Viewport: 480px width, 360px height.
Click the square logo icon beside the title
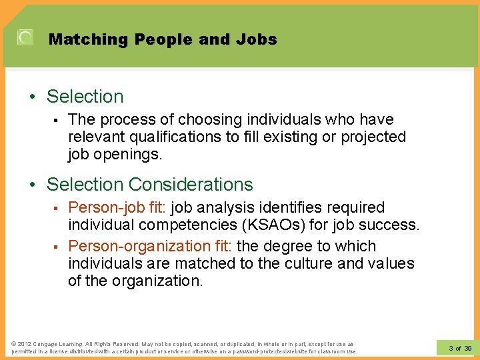[x=25, y=38]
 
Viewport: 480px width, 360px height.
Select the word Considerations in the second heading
[x=191, y=184]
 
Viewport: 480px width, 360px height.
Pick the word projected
[x=373, y=137]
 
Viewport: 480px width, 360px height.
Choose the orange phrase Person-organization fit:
[x=150, y=246]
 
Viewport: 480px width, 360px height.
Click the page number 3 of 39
[x=460, y=348]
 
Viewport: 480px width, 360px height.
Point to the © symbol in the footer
[x=14, y=343]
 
